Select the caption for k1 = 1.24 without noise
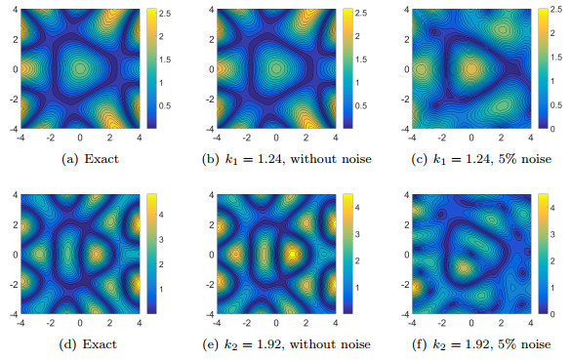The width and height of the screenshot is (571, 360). (276, 157)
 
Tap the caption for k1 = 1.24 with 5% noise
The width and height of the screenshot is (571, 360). (470, 157)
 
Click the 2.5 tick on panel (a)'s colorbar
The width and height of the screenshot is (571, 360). (166, 16)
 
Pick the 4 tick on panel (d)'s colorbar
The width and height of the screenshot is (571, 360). (163, 207)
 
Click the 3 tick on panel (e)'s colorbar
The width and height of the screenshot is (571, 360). (358, 234)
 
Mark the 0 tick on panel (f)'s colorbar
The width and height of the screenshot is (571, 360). (553, 313)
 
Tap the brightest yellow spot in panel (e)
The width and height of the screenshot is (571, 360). (291, 253)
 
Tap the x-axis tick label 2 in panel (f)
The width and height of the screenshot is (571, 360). (502, 321)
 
